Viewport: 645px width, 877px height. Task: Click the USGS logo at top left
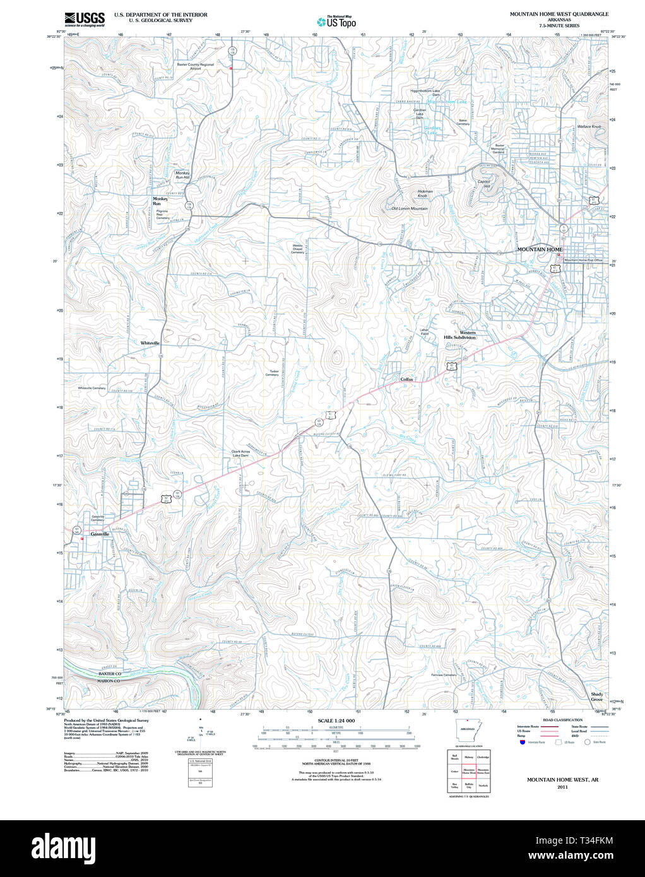pyautogui.click(x=84, y=18)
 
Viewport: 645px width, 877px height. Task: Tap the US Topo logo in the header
pyautogui.click(x=336, y=22)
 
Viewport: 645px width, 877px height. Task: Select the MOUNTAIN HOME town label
pyautogui.click(x=540, y=249)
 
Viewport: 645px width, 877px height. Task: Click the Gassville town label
pyautogui.click(x=100, y=534)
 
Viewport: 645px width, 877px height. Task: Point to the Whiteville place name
pyautogui.click(x=150, y=343)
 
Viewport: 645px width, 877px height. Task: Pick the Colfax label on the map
pyautogui.click(x=406, y=379)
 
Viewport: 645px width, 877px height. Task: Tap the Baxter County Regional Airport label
pyautogui.click(x=195, y=66)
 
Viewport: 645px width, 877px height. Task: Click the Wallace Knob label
pyautogui.click(x=589, y=126)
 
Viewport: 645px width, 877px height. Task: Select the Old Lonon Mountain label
pyautogui.click(x=410, y=208)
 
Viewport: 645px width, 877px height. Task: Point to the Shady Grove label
pyautogui.click(x=596, y=697)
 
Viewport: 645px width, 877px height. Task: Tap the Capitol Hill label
pyautogui.click(x=484, y=184)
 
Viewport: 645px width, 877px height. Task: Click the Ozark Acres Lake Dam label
pyautogui.click(x=240, y=453)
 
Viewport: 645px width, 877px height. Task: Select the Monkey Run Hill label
pyautogui.click(x=182, y=175)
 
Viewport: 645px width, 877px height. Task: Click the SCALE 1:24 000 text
pyautogui.click(x=336, y=721)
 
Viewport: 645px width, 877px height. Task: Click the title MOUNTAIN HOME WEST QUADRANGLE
pyautogui.click(x=559, y=14)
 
